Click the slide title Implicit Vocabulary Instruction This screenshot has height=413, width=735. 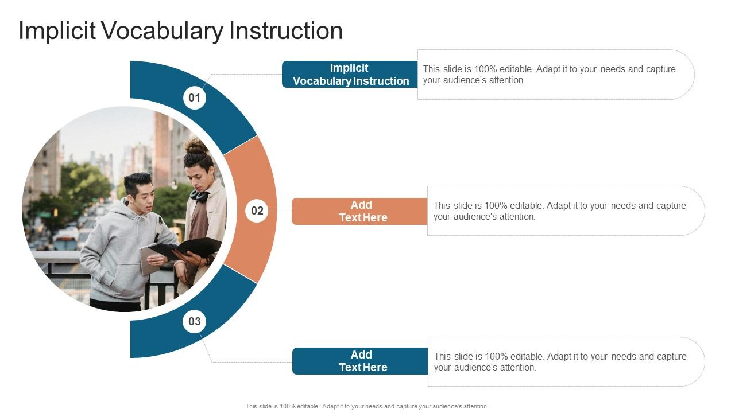click(x=180, y=30)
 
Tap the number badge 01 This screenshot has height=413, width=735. click(x=195, y=98)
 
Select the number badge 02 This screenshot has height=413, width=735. click(x=257, y=211)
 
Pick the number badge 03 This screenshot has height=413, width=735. click(x=195, y=321)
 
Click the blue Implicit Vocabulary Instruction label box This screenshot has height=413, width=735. click(x=350, y=75)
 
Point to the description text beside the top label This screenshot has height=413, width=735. click(x=549, y=75)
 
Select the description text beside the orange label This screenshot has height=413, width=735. click(x=559, y=211)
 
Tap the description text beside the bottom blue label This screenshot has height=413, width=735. click(x=559, y=361)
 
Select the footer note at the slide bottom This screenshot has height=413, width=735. click(x=367, y=406)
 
